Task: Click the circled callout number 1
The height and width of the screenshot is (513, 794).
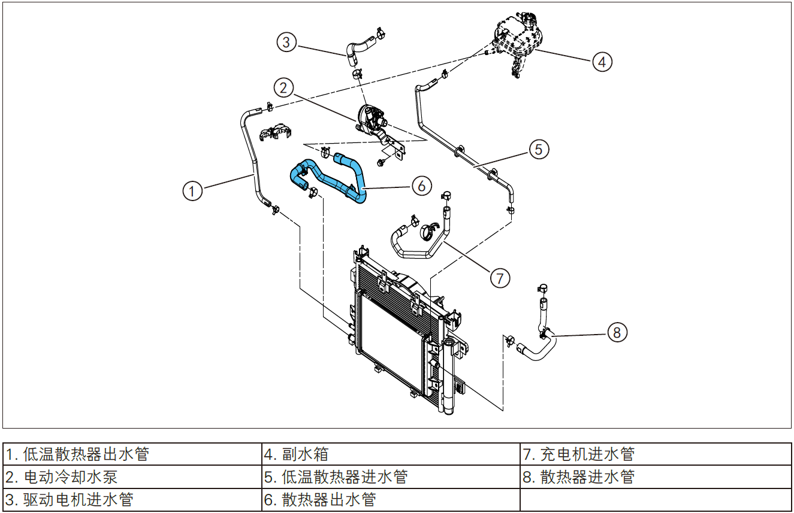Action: tap(192, 191)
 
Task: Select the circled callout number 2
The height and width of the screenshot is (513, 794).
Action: tap(284, 88)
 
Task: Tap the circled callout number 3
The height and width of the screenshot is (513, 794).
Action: tap(286, 42)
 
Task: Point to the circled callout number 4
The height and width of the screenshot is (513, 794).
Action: tap(602, 60)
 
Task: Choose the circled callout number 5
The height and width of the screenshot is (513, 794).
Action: tap(539, 148)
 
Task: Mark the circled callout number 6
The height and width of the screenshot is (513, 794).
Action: tap(421, 186)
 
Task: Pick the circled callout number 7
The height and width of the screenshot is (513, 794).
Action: tap(499, 277)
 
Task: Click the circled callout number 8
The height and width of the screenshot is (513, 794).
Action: tap(617, 332)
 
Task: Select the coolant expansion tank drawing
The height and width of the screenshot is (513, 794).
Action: tap(517, 38)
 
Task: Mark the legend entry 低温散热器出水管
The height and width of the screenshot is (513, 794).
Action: tap(77, 454)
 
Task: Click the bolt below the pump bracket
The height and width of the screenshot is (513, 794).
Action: tap(382, 162)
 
